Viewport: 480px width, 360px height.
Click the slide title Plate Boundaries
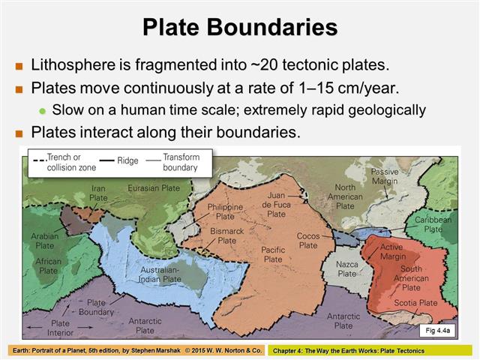240,28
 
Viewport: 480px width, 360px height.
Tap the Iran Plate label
98,193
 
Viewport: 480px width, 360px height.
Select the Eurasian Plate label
154,187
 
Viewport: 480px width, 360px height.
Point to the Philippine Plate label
225,211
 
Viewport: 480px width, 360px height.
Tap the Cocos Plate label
308,240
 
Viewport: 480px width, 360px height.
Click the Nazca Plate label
346,268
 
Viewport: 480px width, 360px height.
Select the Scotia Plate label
416,303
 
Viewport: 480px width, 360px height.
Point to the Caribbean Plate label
433,224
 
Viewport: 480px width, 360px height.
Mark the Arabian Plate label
45,240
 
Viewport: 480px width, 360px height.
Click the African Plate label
49,266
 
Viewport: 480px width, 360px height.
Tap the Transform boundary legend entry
180,163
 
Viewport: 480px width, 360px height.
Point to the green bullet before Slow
42,110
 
